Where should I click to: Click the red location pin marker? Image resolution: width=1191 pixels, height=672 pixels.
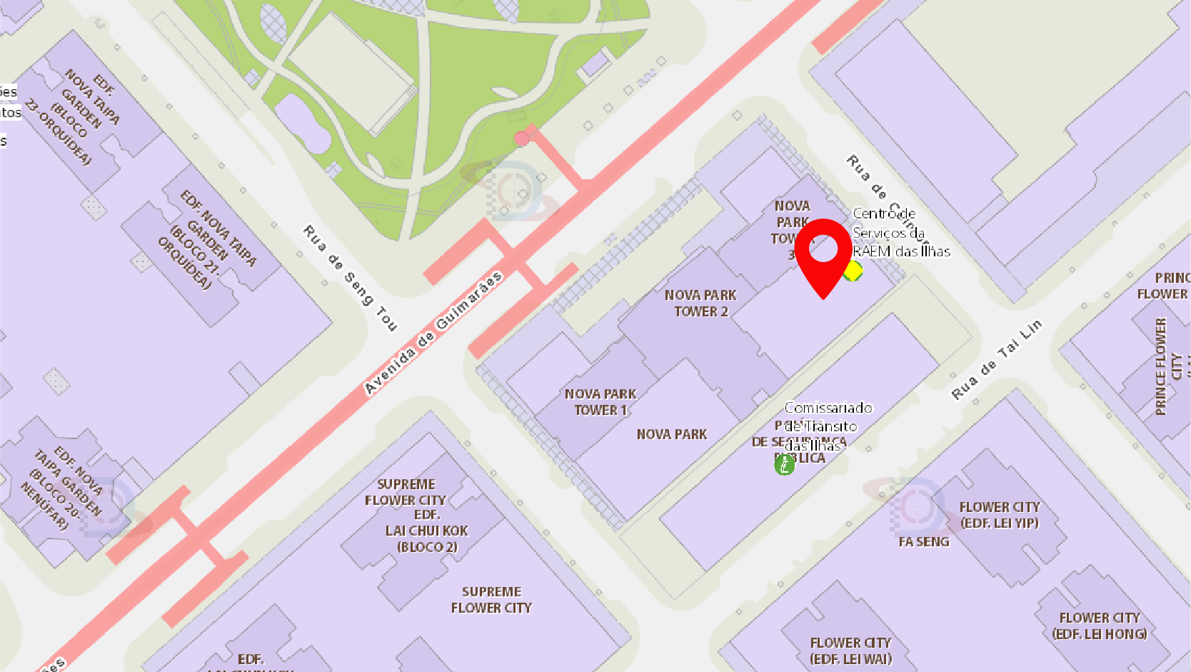tap(823, 254)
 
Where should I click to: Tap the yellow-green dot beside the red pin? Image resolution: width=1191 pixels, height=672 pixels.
tap(853, 271)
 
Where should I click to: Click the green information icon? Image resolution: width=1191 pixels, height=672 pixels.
tap(784, 465)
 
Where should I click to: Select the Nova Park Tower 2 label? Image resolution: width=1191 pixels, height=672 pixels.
tap(700, 304)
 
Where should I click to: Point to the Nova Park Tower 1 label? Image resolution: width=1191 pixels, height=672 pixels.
tap(600, 402)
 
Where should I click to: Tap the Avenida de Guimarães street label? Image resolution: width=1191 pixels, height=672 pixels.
tap(433, 333)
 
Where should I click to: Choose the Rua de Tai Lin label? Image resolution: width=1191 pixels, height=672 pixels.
tap(997, 359)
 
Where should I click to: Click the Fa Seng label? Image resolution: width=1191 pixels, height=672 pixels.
tap(924, 542)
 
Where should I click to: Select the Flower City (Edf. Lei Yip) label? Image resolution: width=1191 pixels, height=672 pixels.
tap(999, 515)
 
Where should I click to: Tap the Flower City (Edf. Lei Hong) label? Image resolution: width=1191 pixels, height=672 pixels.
tap(1100, 626)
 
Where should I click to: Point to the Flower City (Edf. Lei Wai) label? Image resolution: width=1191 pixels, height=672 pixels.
tap(850, 651)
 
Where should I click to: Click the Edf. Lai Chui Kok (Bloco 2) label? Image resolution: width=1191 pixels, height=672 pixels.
tap(427, 531)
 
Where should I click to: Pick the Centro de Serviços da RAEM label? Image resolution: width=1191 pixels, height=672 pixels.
tap(901, 233)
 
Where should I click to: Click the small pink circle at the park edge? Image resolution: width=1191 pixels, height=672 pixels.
tap(522, 139)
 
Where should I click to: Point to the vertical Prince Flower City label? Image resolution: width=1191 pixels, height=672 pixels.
tap(1161, 366)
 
